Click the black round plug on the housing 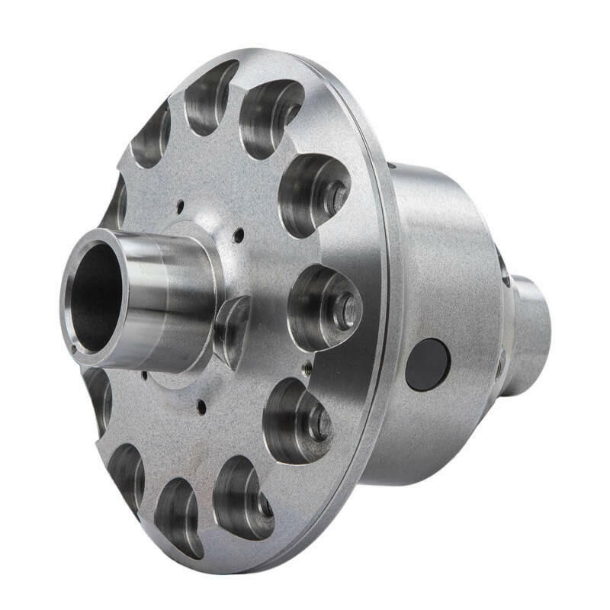tap(427, 364)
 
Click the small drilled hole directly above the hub tap(181, 204)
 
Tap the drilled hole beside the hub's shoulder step tap(238, 235)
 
